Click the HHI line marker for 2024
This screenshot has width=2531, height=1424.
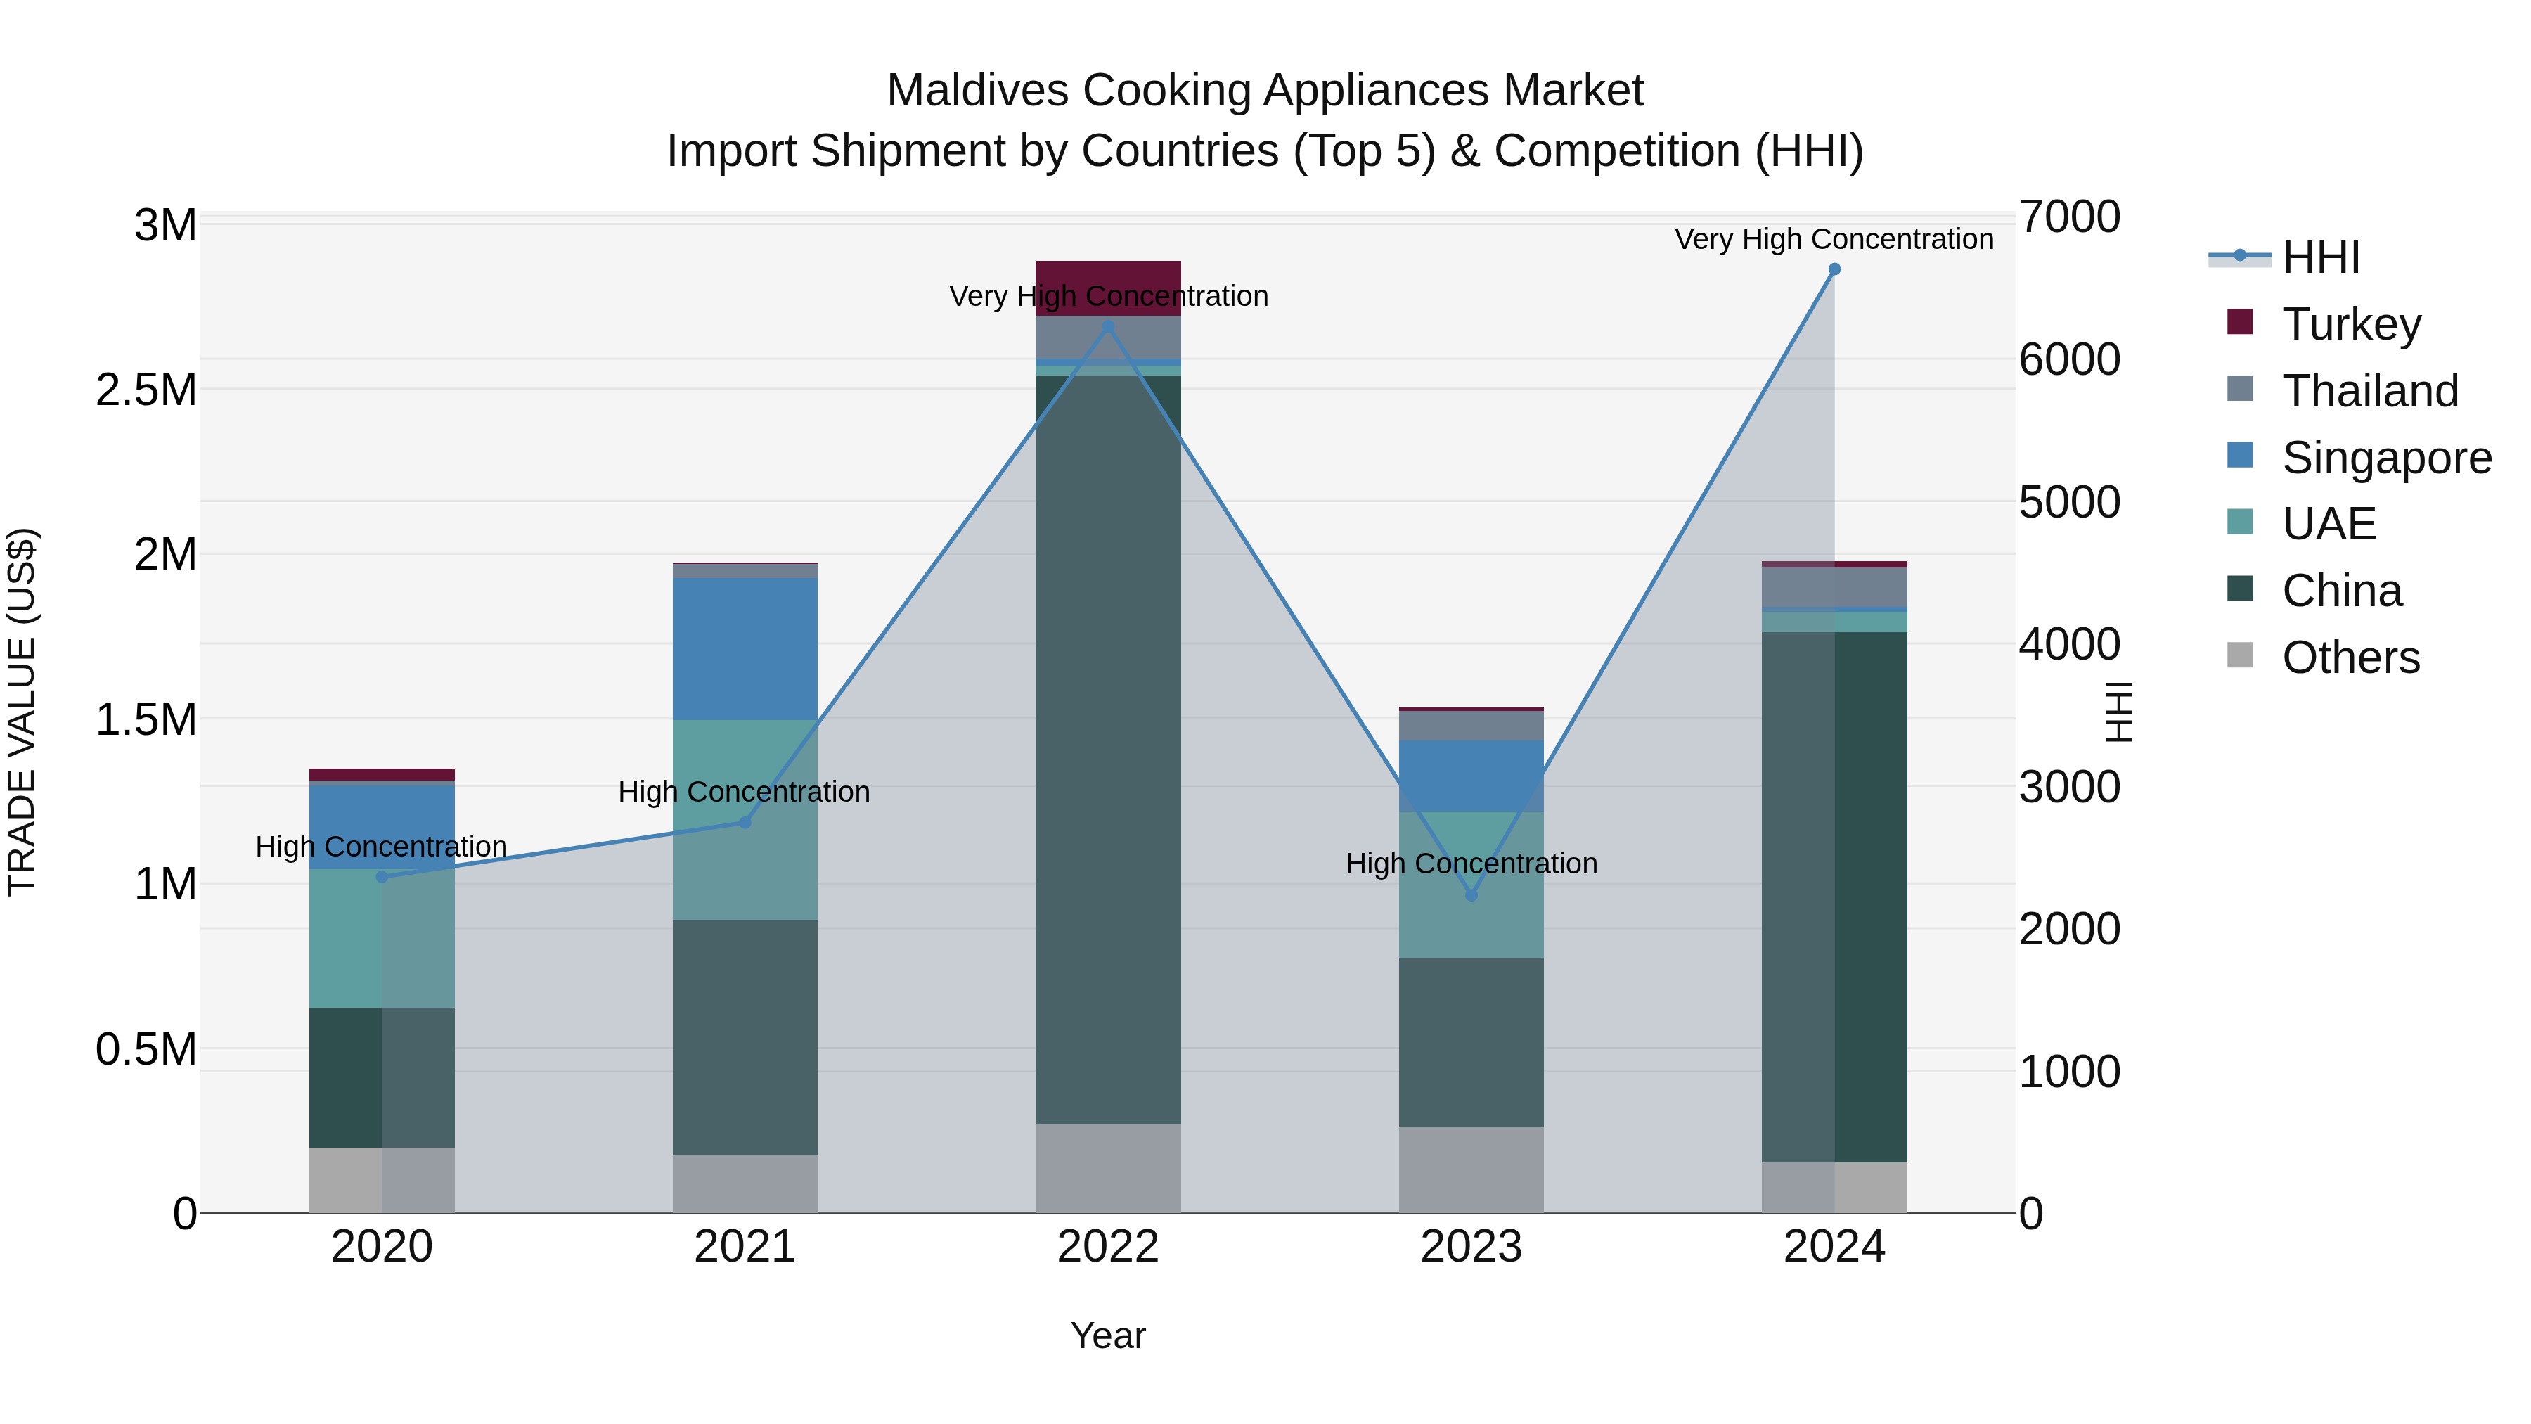pos(1834,269)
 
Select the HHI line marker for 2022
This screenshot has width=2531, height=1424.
pos(1108,326)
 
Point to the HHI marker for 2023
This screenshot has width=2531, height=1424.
pos(1471,895)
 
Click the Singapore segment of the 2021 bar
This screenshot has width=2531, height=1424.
pos(745,648)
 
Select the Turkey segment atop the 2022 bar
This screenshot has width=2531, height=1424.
pos(1108,275)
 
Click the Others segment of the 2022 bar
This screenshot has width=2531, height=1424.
pos(1108,1169)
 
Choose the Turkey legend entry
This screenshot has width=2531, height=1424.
pos(2350,324)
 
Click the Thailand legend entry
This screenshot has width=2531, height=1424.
pos(2369,391)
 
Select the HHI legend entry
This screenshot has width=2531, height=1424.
pos(2320,257)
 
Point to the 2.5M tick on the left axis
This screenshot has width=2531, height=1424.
pos(146,390)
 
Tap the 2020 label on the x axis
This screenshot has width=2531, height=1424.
pos(382,1247)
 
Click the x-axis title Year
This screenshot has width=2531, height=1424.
pos(1107,1335)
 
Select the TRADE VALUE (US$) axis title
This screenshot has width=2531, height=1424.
pos(22,712)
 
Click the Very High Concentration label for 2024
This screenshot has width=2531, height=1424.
pos(1834,239)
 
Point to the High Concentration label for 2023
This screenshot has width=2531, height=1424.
pos(1471,864)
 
